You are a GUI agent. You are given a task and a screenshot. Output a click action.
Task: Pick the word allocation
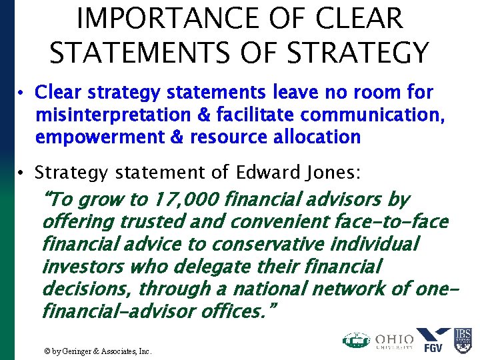point(313,137)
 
